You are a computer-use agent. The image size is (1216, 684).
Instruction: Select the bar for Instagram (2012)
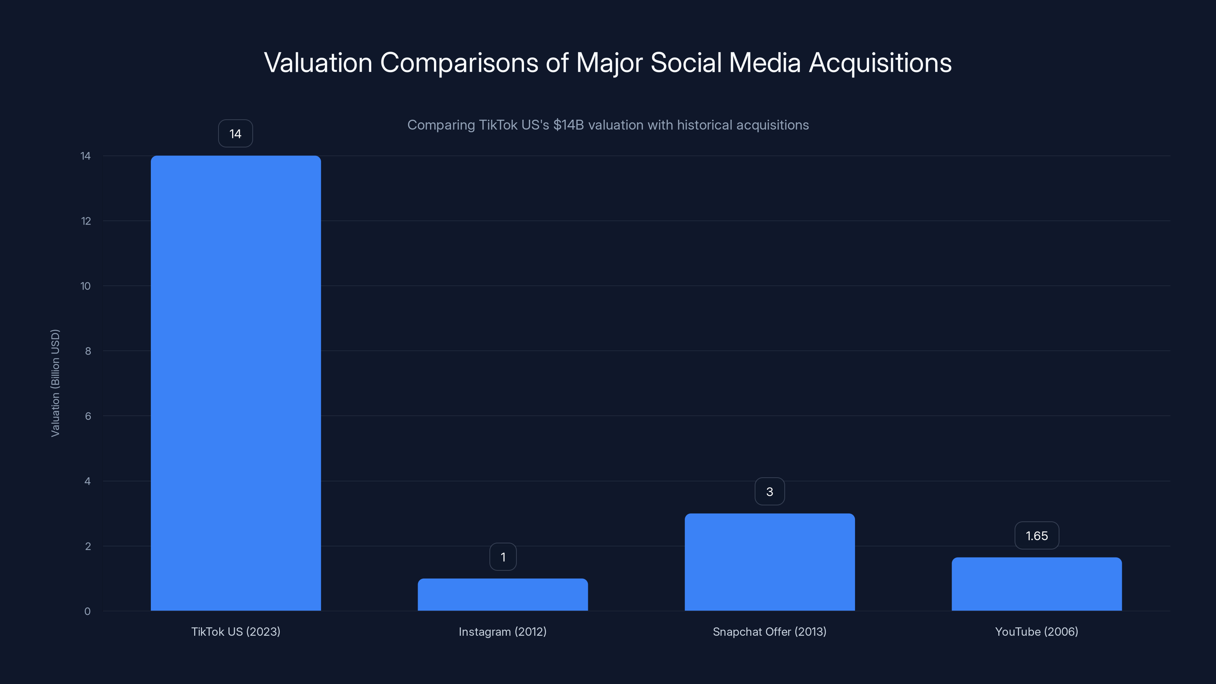503,594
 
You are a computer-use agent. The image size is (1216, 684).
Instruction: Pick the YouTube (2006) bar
1037,584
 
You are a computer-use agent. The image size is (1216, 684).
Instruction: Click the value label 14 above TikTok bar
236,134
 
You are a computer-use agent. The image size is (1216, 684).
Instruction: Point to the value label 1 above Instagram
503,557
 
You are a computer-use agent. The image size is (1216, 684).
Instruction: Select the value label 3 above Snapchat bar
769,491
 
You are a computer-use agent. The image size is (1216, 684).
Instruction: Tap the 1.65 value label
1037,536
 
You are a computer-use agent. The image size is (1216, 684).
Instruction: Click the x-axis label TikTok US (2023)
236,632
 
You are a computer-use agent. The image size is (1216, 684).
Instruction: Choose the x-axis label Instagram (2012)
503,632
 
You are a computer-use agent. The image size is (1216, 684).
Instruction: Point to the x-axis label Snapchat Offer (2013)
769,632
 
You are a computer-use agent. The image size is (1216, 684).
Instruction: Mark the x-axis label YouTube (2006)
1037,632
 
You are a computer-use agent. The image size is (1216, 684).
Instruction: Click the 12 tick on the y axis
86,221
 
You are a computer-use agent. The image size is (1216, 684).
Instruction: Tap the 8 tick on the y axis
88,351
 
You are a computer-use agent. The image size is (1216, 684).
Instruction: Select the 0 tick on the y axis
87,611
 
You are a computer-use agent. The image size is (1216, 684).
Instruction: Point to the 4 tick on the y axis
87,481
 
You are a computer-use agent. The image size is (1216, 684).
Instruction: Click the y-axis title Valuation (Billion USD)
55,383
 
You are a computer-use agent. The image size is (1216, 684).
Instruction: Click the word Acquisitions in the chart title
880,63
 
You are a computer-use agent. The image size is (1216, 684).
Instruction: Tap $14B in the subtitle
568,125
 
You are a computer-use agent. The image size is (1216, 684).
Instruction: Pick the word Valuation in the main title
318,63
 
